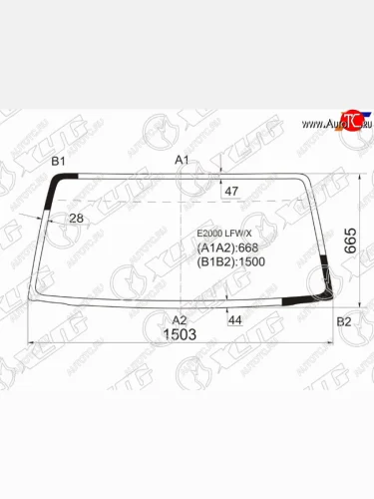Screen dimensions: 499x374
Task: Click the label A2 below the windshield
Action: tap(181, 319)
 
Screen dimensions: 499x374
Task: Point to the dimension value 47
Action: tap(231, 190)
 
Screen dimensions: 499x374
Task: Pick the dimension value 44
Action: tap(235, 319)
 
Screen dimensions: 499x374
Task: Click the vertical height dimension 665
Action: tap(349, 240)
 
